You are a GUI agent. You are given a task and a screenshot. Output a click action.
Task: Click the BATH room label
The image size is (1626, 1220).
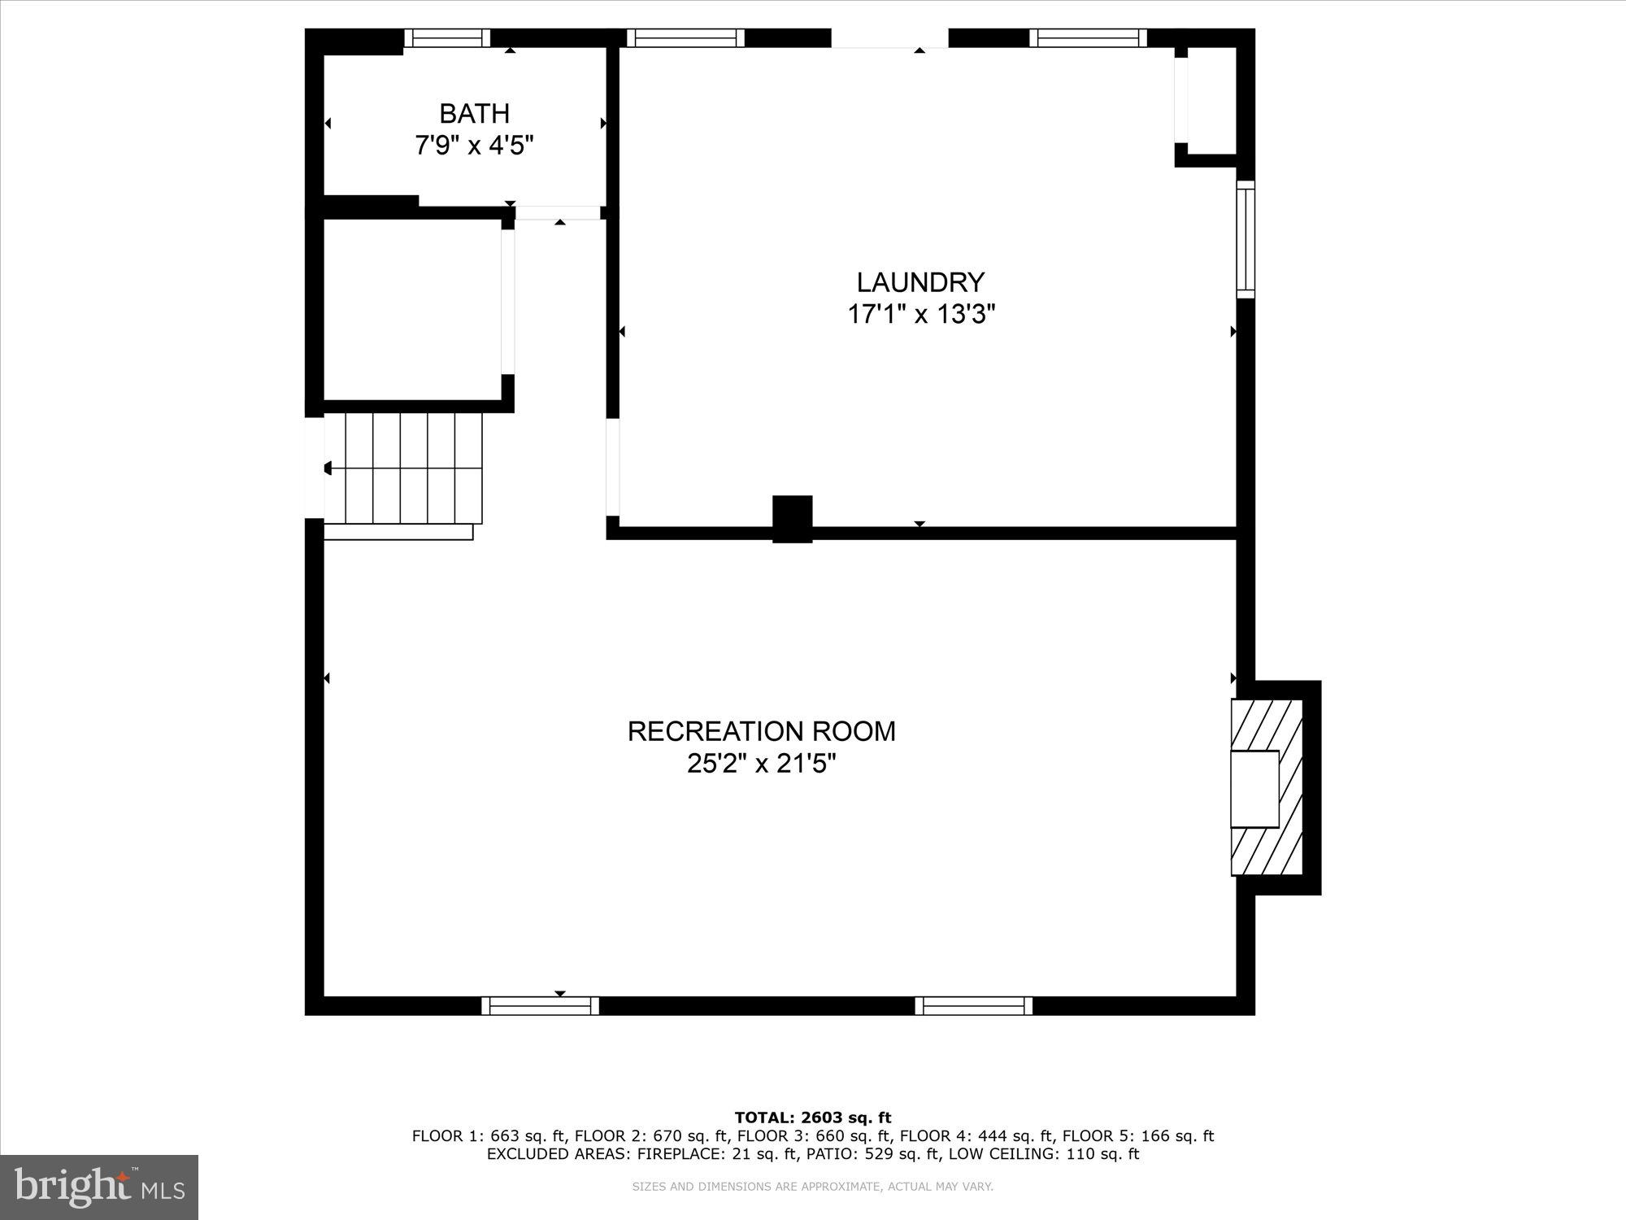click(474, 113)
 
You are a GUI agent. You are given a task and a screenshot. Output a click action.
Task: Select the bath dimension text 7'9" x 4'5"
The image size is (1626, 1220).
click(474, 146)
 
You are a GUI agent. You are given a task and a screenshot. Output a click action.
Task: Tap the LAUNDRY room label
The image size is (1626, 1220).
click(920, 282)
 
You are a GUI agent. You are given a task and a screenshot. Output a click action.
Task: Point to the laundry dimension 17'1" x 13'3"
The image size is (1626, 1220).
click(920, 314)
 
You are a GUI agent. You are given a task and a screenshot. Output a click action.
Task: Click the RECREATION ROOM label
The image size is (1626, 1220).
click(761, 731)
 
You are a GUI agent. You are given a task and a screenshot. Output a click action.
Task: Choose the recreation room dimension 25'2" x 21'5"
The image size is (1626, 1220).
click(761, 764)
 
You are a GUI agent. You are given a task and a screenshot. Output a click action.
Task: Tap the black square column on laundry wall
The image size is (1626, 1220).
click(792, 518)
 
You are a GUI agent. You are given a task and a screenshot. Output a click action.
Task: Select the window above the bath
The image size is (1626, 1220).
click(447, 38)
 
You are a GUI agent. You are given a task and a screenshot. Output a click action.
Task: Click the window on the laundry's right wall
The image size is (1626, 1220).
click(1246, 239)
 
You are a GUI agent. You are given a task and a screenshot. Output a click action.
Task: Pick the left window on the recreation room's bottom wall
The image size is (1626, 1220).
click(540, 1006)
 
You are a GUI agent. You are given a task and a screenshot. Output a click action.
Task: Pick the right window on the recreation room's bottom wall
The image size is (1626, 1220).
click(973, 1006)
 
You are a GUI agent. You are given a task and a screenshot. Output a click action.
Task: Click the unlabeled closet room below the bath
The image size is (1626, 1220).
click(412, 309)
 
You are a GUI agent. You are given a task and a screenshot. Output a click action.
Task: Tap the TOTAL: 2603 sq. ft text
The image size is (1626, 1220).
click(812, 1118)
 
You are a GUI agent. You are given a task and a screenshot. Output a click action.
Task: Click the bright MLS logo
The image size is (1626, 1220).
click(99, 1187)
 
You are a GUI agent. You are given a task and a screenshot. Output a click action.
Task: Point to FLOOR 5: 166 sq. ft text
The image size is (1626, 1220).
click(1137, 1136)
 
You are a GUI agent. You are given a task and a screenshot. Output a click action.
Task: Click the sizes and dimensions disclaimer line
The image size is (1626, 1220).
click(812, 1187)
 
